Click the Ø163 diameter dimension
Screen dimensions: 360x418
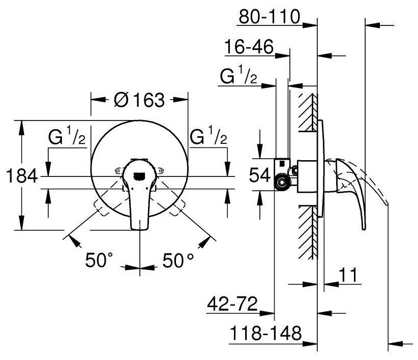(x=139, y=101)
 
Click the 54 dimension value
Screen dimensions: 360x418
(x=259, y=175)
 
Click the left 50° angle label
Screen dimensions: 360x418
(x=99, y=261)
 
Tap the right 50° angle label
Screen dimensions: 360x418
(x=177, y=261)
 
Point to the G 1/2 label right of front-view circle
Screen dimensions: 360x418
(x=208, y=138)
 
